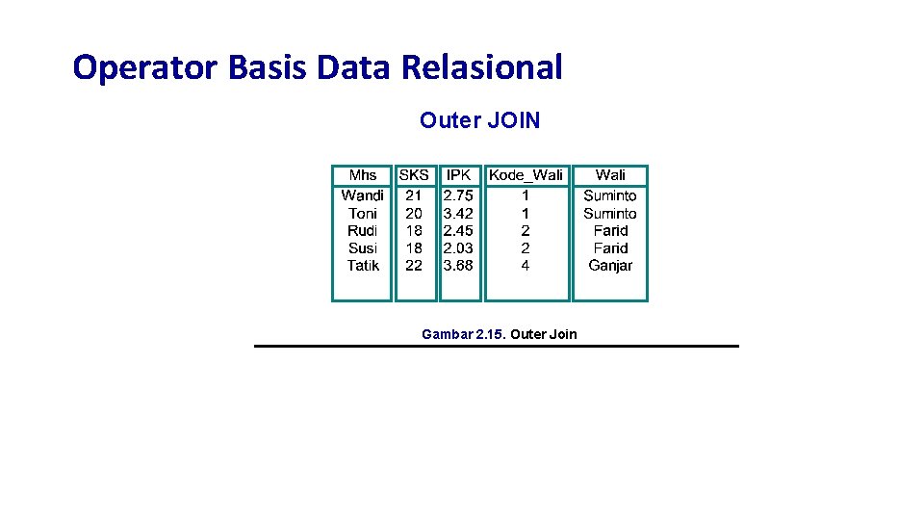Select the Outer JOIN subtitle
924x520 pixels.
pyautogui.click(x=479, y=120)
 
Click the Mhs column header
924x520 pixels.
pyautogui.click(x=363, y=175)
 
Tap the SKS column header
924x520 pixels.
pyautogui.click(x=414, y=175)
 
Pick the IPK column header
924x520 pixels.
pyautogui.click(x=458, y=175)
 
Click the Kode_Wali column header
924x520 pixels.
pyautogui.click(x=526, y=175)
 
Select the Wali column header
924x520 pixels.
pyautogui.click(x=610, y=175)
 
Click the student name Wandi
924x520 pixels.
pyautogui.click(x=363, y=195)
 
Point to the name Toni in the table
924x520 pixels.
pyautogui.click(x=363, y=213)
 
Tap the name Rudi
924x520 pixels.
pyautogui.click(x=363, y=230)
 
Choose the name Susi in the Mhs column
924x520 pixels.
pyautogui.click(x=363, y=247)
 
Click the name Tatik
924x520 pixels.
pyautogui.click(x=363, y=265)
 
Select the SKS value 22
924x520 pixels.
pyautogui.click(x=414, y=265)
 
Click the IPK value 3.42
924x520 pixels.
pyautogui.click(x=458, y=213)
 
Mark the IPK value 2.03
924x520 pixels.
pyautogui.click(x=458, y=247)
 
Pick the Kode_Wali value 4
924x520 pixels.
pyautogui.click(x=526, y=265)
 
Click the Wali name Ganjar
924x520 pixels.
pyautogui.click(x=610, y=265)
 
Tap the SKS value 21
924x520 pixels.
pyautogui.click(x=414, y=195)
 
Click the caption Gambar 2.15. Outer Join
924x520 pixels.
pyautogui.click(x=499, y=334)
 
